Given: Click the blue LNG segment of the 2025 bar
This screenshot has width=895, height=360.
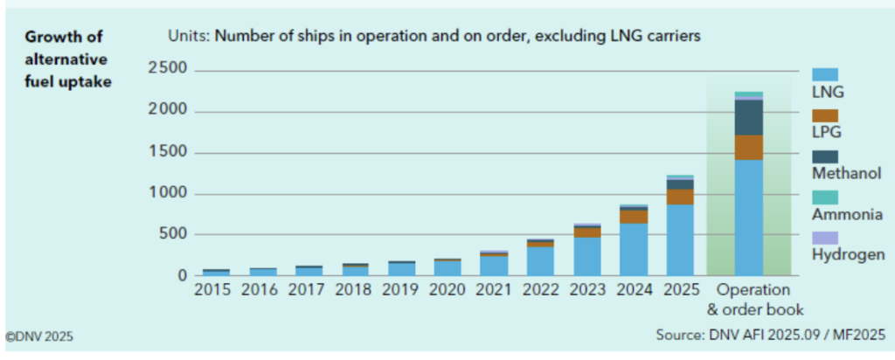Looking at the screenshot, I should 680,239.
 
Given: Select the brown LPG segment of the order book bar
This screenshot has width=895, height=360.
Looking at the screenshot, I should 748,148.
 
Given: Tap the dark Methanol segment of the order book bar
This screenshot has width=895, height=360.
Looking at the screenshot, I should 748,117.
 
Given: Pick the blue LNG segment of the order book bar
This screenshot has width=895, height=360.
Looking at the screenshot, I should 748,218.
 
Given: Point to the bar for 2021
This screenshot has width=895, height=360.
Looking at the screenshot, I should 494,263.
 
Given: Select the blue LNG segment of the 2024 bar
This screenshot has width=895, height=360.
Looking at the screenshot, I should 634,249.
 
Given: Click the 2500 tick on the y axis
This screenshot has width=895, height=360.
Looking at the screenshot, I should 166,70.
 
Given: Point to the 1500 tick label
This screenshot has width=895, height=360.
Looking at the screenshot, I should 166,152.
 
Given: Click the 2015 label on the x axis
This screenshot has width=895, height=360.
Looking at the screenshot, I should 212,289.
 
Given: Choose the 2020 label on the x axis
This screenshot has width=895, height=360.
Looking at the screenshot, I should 447,289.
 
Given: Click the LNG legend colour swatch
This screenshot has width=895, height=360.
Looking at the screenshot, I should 825,75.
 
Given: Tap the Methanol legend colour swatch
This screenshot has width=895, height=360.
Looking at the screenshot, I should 825,156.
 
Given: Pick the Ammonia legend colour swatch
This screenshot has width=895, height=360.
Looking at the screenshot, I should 825,197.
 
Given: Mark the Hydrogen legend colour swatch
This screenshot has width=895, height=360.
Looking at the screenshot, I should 825,238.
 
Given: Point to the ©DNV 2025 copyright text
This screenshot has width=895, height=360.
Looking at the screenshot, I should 39,335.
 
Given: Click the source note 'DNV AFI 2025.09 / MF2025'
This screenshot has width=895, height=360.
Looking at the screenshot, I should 770,335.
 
